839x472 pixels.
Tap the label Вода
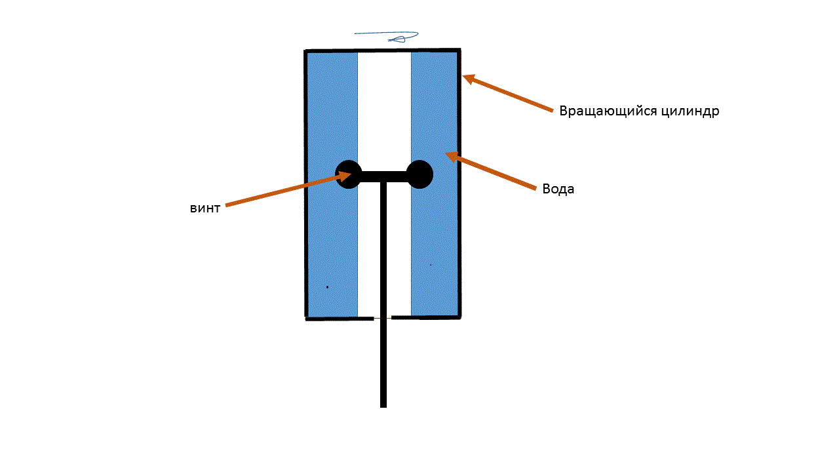(x=558, y=189)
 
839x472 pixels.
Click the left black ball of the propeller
(x=349, y=174)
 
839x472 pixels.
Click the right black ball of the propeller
(x=419, y=174)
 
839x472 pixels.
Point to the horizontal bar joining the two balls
(x=384, y=176)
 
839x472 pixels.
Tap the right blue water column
(x=434, y=236)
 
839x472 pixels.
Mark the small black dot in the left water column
(x=327, y=287)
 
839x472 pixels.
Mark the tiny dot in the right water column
(x=431, y=265)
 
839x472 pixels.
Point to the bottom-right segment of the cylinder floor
(x=426, y=318)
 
